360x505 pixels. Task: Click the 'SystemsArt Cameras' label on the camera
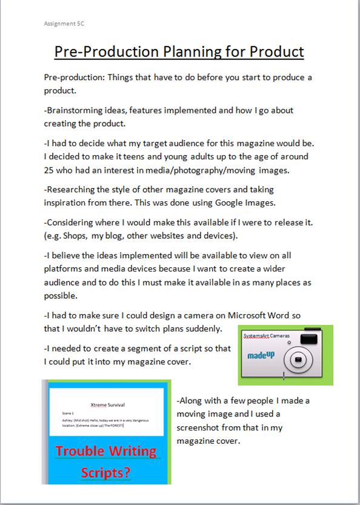click(x=266, y=335)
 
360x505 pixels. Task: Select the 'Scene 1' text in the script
click(x=61, y=412)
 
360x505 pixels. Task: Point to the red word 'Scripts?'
click(x=107, y=472)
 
